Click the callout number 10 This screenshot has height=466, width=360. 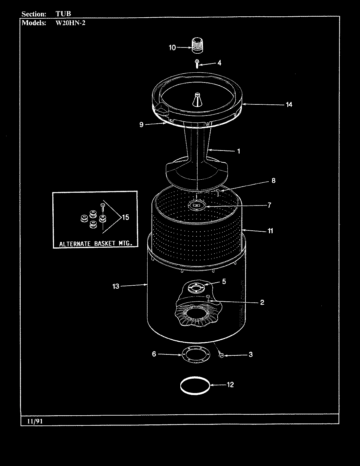pyautogui.click(x=172, y=48)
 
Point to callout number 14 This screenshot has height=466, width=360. pyautogui.click(x=289, y=105)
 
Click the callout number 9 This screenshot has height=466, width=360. pyautogui.click(x=141, y=125)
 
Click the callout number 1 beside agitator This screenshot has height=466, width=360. pyautogui.click(x=239, y=151)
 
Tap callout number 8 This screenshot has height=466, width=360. pyautogui.click(x=273, y=181)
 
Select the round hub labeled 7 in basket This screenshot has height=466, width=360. pyautogui.click(x=197, y=205)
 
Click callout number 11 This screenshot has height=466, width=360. pyautogui.click(x=270, y=231)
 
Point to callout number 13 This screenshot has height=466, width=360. pyautogui.click(x=116, y=286)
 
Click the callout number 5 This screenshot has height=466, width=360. pyautogui.click(x=224, y=281)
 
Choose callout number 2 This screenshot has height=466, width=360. pyautogui.click(x=262, y=302)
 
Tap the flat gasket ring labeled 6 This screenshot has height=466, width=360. pyautogui.click(x=195, y=355)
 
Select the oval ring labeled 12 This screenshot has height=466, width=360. pyautogui.click(x=195, y=385)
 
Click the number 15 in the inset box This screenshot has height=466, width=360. pyautogui.click(x=126, y=217)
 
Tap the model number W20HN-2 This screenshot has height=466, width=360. pyautogui.click(x=71, y=23)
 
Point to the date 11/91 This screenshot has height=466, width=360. pyautogui.click(x=32, y=421)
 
